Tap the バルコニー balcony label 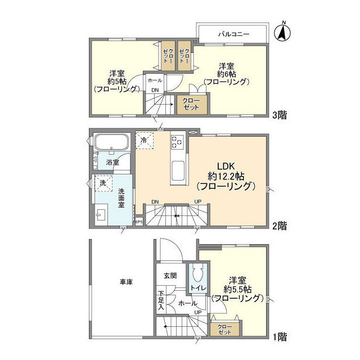point(233,34)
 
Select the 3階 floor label point(280,115)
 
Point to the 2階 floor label point(280,226)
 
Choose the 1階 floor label point(280,337)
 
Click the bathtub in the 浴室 point(111,142)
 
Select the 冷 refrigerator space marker point(144,140)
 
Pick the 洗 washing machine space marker point(103,183)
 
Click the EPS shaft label point(139,222)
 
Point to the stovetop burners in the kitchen point(177,142)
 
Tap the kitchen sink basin point(178,171)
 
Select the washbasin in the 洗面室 point(101,215)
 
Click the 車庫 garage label point(126,282)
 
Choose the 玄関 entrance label point(170,275)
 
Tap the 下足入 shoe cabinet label point(161,300)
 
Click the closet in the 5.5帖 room point(225,330)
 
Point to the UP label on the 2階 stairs point(198,201)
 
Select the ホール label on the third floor point(155,80)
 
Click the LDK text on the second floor point(226,166)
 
